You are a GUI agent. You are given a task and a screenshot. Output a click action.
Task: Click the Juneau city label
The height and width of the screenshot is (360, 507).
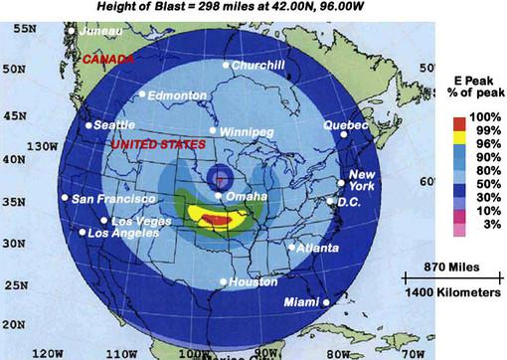(x=103, y=31)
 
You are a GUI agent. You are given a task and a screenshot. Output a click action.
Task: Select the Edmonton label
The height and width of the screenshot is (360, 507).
(x=179, y=95)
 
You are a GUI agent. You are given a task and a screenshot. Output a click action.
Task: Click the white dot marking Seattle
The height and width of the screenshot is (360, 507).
(x=88, y=125)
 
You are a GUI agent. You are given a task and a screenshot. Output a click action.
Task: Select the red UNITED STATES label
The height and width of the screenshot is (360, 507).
(x=158, y=145)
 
